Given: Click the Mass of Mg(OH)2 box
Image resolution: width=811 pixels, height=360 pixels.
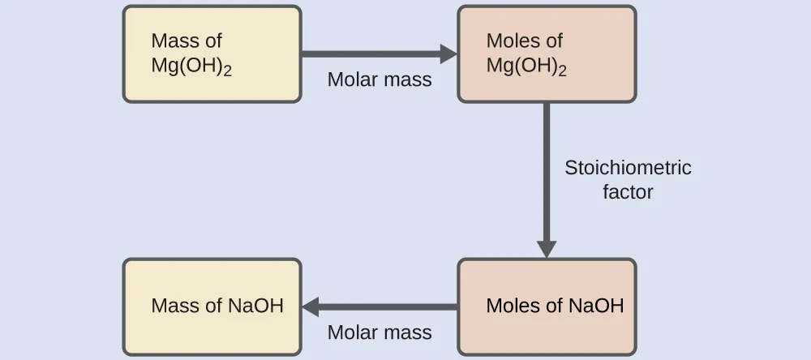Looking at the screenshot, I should [212, 54].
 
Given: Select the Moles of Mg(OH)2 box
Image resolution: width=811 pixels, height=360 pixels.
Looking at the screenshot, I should [547, 54].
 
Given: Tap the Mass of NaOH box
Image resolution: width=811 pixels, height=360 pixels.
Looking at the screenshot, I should [212, 306].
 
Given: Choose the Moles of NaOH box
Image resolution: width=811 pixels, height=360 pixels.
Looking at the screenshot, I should [547, 306].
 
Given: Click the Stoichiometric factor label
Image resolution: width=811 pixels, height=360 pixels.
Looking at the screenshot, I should [628, 180].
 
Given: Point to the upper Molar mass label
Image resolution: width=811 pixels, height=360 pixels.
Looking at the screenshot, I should [380, 80].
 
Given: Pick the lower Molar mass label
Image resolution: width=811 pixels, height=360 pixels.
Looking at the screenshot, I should [380, 332].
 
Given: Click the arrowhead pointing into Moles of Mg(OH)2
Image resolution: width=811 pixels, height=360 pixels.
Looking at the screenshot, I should [448, 54].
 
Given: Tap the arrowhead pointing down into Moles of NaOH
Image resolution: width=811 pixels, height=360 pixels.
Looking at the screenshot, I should [547, 247].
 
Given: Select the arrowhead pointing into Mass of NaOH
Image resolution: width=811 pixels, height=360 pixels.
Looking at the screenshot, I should [311, 306].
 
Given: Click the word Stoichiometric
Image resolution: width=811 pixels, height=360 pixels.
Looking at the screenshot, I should [628, 168].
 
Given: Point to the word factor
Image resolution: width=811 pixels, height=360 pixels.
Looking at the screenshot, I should [628, 193].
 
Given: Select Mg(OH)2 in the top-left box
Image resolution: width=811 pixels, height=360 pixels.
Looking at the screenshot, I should [191, 66].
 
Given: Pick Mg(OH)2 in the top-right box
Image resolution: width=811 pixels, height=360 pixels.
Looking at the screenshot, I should [526, 66].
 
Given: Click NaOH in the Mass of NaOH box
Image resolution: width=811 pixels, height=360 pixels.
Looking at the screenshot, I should [255, 306].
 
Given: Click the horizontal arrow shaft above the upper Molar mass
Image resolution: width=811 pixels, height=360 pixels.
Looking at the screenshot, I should [369, 54].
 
